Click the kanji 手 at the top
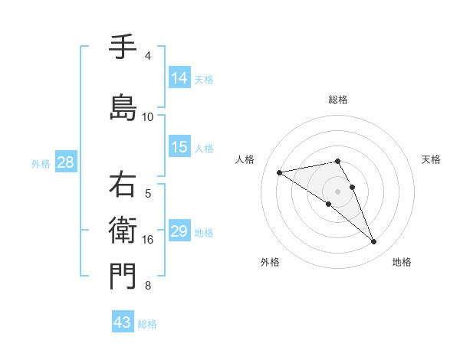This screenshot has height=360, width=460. click(123, 47)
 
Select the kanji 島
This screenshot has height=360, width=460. click(123, 108)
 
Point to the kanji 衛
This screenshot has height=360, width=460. click(123, 231)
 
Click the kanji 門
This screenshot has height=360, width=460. click(123, 277)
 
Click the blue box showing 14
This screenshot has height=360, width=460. click(179, 77)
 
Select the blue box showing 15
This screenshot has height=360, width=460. click(179, 147)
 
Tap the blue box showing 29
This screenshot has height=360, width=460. click(179, 231)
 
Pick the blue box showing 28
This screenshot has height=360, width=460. click(65, 162)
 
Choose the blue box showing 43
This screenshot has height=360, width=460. click(123, 322)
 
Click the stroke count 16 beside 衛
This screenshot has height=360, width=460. click(148, 240)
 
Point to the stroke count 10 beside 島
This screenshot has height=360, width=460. click(148, 117)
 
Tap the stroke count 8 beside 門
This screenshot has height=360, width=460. click(148, 286)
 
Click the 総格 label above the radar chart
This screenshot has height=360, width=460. click(338, 100)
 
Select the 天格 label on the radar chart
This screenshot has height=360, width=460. click(431, 159)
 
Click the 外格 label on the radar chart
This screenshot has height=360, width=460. click(270, 262)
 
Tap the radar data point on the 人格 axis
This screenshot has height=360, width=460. click(279, 172)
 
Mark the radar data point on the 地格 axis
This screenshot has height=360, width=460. click(373, 242)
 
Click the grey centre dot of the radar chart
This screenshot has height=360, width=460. click(337, 191)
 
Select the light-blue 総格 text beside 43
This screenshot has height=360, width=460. click(147, 324)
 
